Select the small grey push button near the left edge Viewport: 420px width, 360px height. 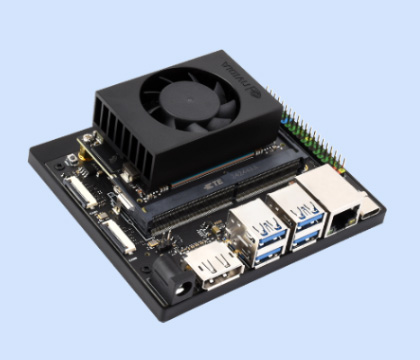[x=71, y=159]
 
